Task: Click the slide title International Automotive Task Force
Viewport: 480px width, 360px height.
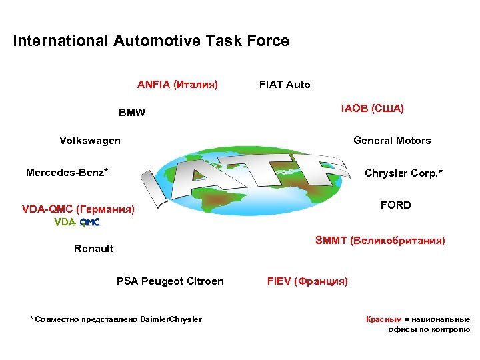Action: [151, 41]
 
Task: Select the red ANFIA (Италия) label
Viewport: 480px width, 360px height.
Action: [177, 85]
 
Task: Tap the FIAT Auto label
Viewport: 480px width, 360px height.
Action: [285, 85]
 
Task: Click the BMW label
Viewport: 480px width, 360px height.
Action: [131, 113]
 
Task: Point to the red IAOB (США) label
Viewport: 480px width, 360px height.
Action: [373, 108]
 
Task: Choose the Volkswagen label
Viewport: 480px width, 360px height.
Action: [90, 141]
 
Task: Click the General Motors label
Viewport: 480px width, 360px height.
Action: [392, 141]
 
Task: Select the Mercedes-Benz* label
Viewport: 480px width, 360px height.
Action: [67, 173]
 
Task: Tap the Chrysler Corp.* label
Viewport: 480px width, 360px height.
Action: [403, 173]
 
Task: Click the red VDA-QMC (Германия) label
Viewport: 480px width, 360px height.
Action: [78, 210]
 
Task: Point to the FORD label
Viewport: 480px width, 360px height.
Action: [395, 205]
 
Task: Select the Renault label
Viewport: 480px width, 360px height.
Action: [93, 249]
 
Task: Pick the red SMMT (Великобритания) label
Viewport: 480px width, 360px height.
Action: [380, 240]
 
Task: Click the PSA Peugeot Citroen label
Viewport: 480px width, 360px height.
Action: [170, 281]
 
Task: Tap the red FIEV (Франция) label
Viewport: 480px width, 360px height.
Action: [307, 281]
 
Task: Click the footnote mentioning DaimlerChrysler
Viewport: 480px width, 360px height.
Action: [116, 319]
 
